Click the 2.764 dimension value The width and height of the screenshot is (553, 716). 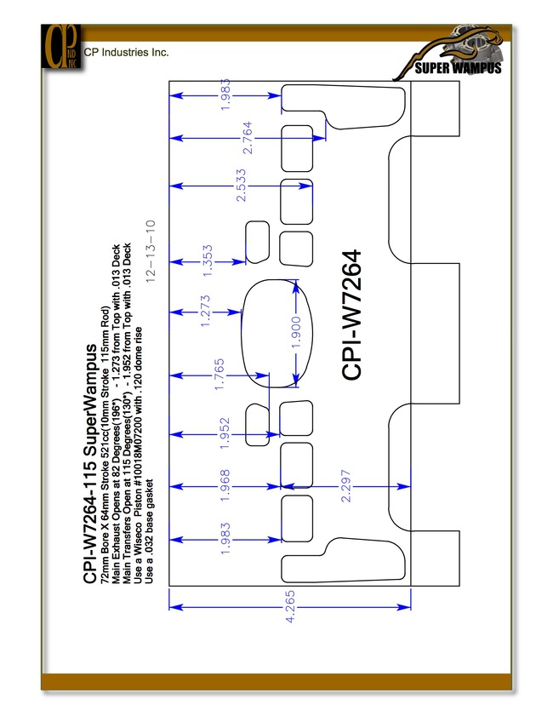(x=248, y=137)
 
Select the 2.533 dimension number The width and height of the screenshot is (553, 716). (x=241, y=186)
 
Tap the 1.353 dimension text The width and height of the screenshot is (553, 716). (x=207, y=261)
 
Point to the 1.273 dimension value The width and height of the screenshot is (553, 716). (x=205, y=311)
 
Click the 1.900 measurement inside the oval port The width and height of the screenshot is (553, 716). (x=296, y=332)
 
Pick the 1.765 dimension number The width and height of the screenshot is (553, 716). (x=219, y=375)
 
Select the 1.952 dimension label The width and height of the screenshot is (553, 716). (x=225, y=433)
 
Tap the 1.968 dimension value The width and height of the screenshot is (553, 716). (x=225, y=486)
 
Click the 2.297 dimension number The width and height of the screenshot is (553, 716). (x=346, y=486)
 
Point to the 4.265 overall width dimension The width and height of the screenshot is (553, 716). (x=290, y=607)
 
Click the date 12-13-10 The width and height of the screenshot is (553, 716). (x=150, y=250)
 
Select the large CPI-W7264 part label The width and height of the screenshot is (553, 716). (x=351, y=315)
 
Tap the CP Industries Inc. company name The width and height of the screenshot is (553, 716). (x=127, y=52)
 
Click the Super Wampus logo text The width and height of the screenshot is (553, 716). (x=458, y=68)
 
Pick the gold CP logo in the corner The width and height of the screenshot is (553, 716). (x=61, y=47)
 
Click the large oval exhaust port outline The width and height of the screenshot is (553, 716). (x=242, y=334)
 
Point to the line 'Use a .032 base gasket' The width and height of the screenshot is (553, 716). (x=149, y=531)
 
